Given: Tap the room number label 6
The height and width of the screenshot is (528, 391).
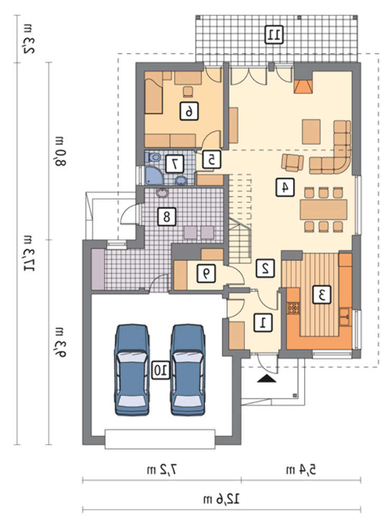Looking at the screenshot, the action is coord(189,111).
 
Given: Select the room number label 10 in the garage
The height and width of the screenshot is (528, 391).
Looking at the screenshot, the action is coord(160,370).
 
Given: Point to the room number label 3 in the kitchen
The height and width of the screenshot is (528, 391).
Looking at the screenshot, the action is coord(321,295).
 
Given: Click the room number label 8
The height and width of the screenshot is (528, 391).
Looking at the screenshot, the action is coord(167,216).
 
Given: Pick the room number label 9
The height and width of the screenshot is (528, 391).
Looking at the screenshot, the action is coord(206,273).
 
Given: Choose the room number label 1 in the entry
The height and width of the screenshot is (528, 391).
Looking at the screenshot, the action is coord(263,323).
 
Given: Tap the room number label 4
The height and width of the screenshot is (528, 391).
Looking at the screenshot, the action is coord(284,187).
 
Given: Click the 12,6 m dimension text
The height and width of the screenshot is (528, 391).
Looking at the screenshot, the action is coord(222,499).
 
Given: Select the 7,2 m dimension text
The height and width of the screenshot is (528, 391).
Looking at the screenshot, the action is coord(161,469).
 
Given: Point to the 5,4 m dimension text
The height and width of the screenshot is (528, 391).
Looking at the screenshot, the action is coord(301,469).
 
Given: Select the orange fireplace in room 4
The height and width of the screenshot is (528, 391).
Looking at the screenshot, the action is coord(303,87).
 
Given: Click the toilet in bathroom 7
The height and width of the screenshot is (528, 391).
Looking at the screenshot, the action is coord(154,157).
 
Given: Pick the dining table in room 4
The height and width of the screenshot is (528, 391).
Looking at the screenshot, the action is coord(323,210).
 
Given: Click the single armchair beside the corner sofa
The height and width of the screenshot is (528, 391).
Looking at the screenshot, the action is coord(292,163).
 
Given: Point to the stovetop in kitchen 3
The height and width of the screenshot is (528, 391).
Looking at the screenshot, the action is coord(293,308).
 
